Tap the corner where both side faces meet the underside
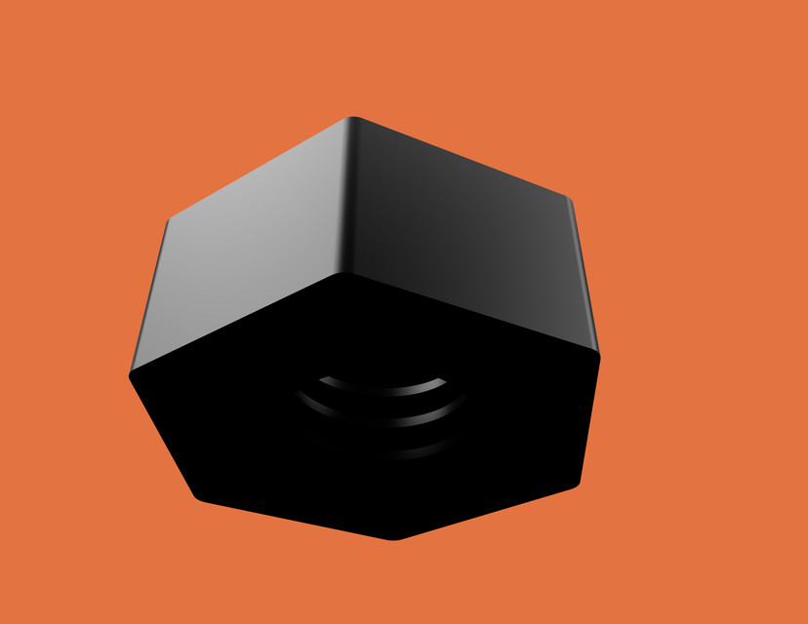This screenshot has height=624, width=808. (x=343, y=274)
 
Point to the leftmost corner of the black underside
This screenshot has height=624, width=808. (x=131, y=373)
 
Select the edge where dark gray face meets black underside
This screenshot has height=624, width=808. (x=473, y=314)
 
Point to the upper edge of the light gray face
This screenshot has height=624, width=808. (x=259, y=169)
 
